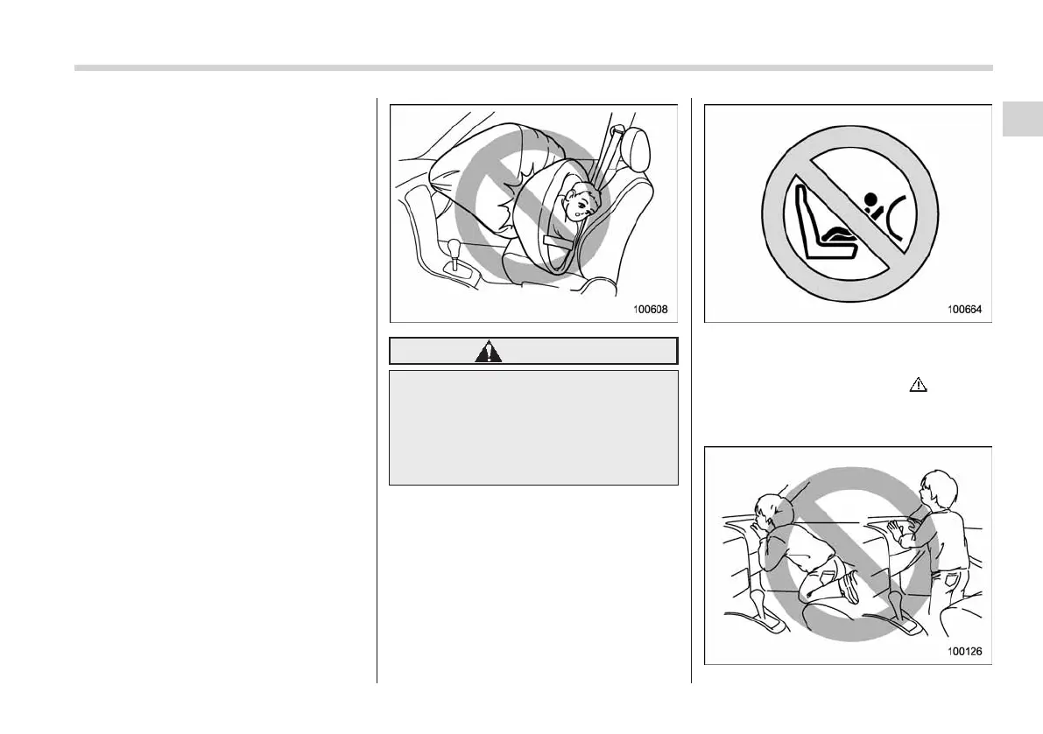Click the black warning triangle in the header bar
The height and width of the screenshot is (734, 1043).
[x=488, y=352]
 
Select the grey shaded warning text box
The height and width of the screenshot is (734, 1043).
[x=533, y=427]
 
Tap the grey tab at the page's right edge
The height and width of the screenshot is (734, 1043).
[x=1022, y=119]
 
